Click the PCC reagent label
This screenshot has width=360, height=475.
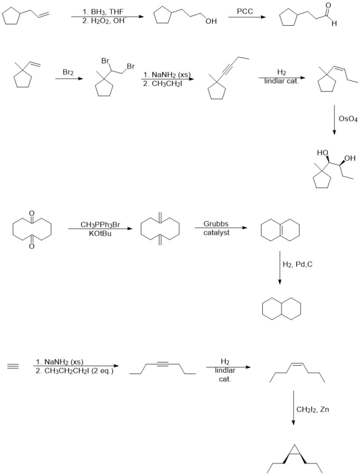pyautogui.click(x=244, y=11)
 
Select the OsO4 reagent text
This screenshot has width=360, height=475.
pyautogui.click(x=348, y=119)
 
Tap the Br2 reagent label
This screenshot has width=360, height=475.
pyautogui.click(x=68, y=73)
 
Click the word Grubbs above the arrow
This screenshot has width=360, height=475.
pyautogui.click(x=216, y=224)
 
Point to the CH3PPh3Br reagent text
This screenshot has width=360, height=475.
pyautogui.click(x=100, y=224)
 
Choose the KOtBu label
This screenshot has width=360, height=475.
pyautogui.click(x=100, y=233)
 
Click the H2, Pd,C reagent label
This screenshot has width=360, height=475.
pyautogui.click(x=298, y=264)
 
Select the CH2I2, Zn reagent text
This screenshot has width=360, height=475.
pyautogui.click(x=312, y=409)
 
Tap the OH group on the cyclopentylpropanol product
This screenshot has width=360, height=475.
pyautogui.click(x=211, y=21)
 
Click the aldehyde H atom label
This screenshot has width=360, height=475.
pyautogui.click(x=334, y=23)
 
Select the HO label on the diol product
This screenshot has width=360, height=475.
pyautogui.click(x=323, y=153)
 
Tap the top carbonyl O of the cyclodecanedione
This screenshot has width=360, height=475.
pyautogui.click(x=32, y=213)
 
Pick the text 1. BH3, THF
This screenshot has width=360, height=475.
pyautogui.click(x=103, y=12)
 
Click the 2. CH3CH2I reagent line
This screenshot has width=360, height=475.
pyautogui.click(x=163, y=84)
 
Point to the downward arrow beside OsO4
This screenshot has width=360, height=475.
pyautogui.click(x=334, y=120)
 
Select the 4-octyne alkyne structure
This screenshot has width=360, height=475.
pyautogui.click(x=163, y=368)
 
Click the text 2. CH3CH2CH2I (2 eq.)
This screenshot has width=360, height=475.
pyautogui.click(x=75, y=371)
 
